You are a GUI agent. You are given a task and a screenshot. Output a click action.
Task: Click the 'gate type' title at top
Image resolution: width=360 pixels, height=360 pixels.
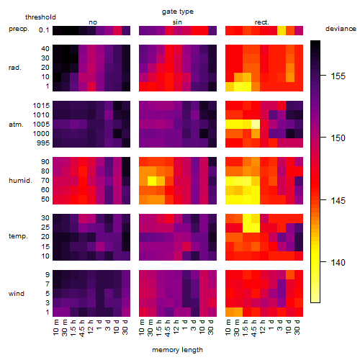(178, 12)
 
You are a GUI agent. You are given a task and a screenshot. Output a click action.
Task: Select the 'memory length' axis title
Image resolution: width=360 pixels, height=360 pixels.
(177, 350)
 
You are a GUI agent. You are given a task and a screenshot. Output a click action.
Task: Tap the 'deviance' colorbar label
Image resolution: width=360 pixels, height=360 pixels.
(341, 29)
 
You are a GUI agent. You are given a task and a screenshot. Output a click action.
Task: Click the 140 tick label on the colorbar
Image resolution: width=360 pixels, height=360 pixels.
(338, 262)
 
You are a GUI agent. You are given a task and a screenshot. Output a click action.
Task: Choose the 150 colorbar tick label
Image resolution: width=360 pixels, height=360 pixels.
(338, 138)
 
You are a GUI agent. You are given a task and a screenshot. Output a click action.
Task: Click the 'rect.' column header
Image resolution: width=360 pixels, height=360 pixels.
(262, 22)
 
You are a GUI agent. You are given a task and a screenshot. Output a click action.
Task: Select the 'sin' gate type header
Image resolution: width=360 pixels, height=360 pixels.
(177, 22)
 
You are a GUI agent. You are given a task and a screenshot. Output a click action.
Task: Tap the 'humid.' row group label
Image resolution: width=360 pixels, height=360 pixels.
(20, 181)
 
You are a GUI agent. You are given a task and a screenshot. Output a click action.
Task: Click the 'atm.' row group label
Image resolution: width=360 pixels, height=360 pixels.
(16, 125)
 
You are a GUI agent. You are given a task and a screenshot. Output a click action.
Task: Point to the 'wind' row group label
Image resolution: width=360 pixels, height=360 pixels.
(17, 294)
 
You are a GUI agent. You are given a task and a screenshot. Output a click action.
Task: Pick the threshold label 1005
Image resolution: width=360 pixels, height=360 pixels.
(41, 125)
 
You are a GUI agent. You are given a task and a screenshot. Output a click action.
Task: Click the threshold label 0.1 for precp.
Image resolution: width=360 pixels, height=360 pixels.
(44, 30)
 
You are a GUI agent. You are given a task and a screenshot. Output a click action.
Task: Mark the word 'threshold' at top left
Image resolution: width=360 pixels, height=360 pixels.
(40, 17)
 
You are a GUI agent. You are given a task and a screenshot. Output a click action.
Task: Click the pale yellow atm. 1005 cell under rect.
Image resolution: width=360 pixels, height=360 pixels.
(256, 125)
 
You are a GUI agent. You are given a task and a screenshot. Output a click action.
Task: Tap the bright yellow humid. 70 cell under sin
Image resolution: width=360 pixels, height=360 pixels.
(152, 181)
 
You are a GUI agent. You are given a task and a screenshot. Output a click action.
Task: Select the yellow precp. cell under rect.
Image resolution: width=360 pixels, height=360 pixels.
(282, 30)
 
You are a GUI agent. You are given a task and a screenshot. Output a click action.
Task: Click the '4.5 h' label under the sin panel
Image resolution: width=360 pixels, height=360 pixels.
(168, 328)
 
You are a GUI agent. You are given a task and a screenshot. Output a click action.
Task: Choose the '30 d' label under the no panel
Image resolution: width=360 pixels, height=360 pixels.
(125, 327)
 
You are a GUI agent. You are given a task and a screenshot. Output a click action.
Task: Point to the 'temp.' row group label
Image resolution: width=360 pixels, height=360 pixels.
(18, 236)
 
